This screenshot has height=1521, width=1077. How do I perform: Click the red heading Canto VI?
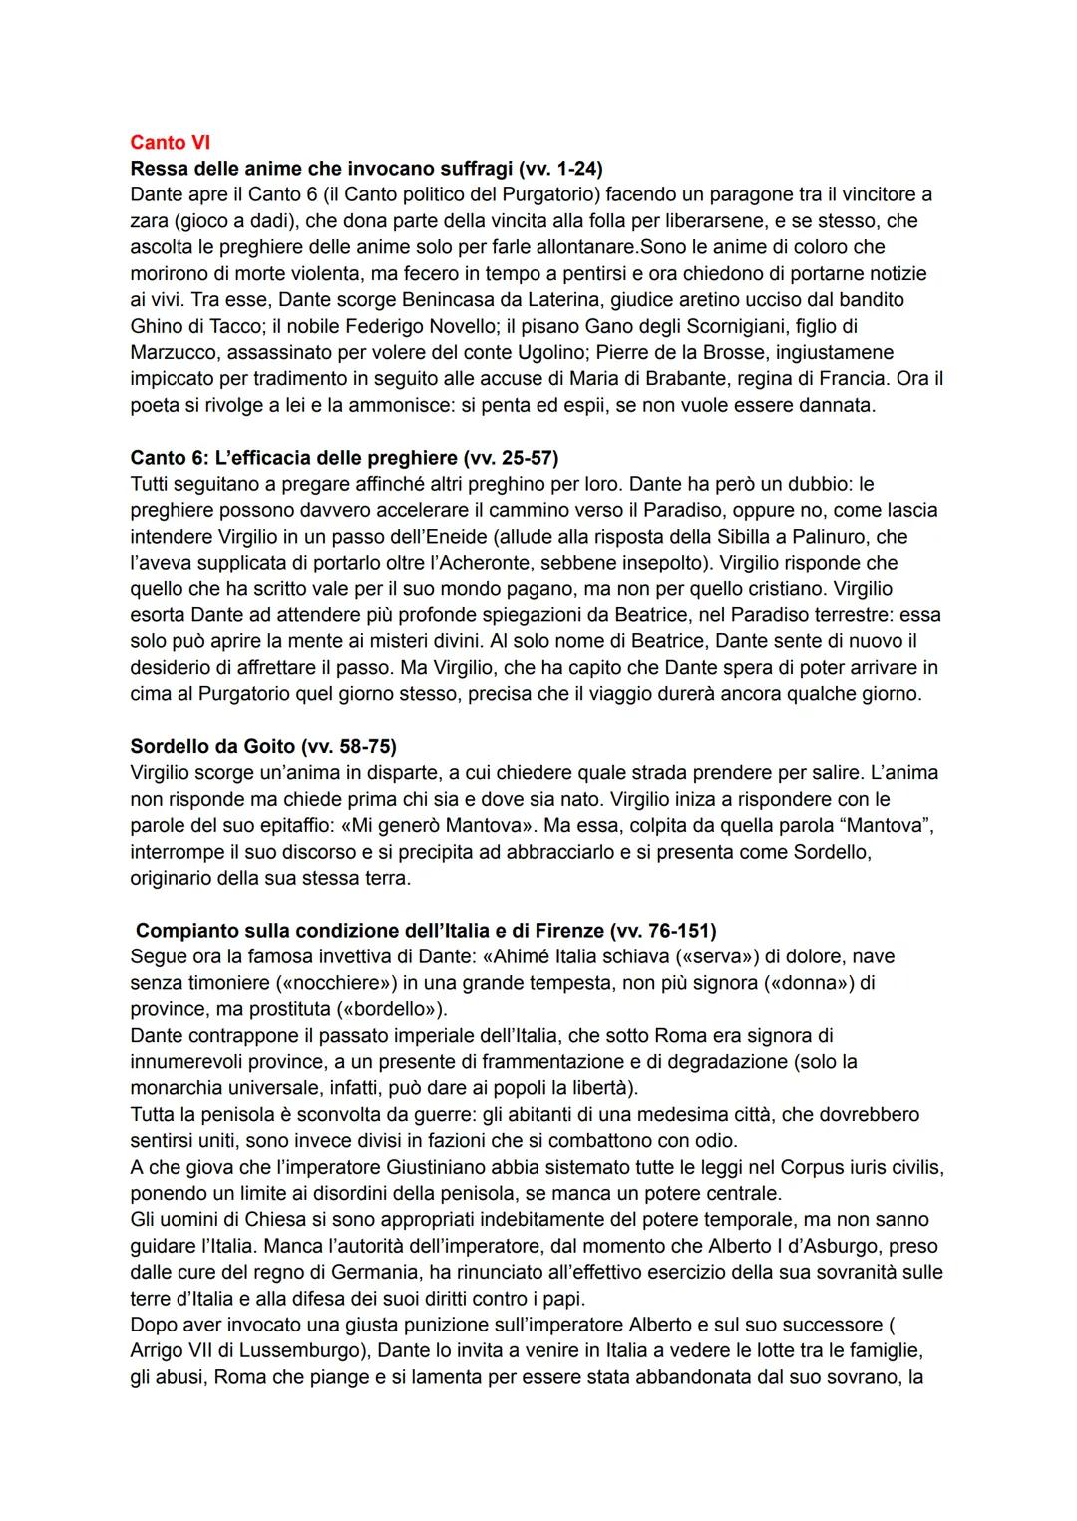click(x=170, y=143)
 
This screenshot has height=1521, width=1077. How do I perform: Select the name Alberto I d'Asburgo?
click(x=785, y=1246)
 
